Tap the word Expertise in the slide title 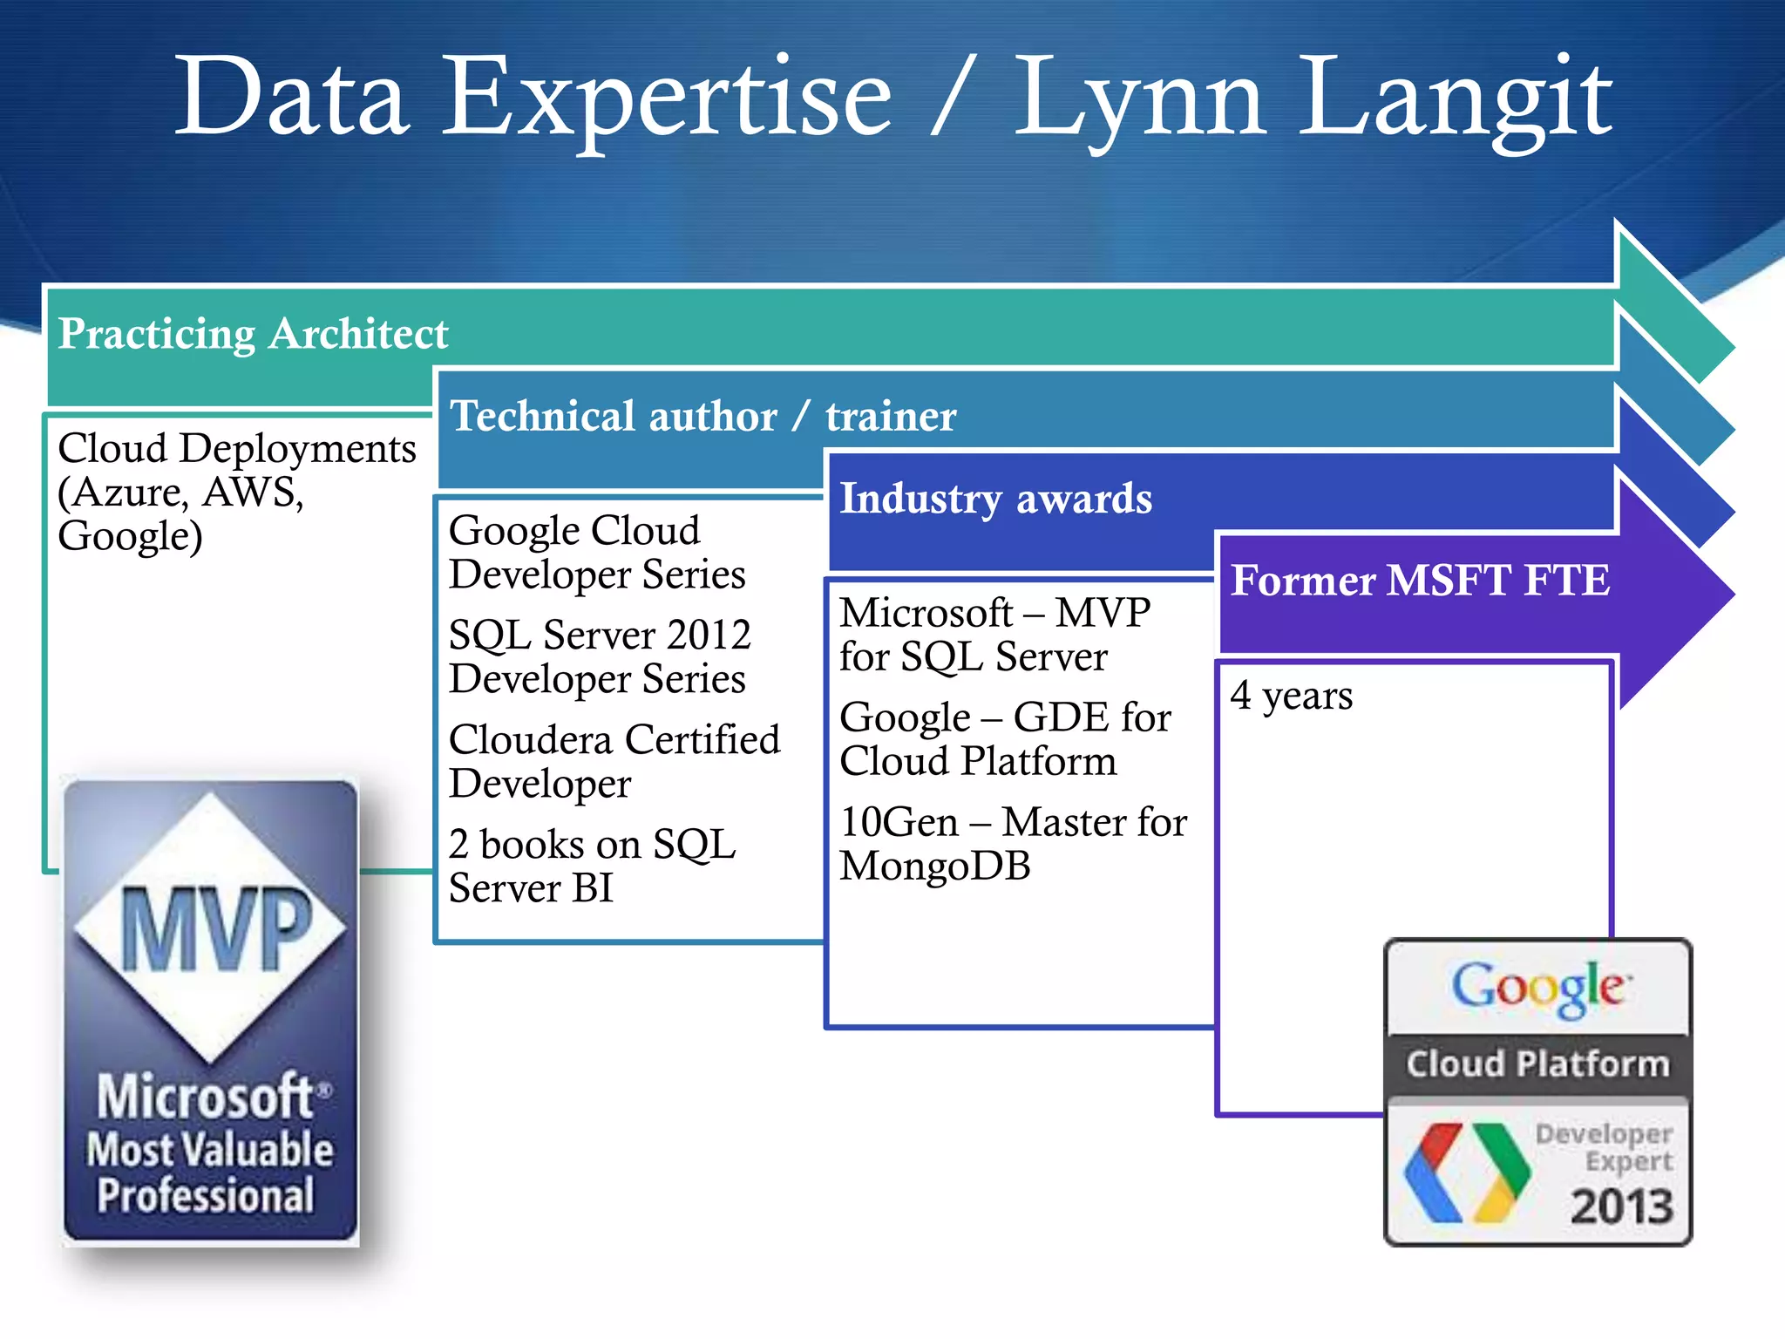(x=668, y=98)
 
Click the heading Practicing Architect (x=253, y=334)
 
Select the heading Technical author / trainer (x=702, y=416)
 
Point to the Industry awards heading (x=995, y=499)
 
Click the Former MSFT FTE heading (x=1420, y=581)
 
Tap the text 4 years (x=1292, y=697)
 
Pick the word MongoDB (x=934, y=867)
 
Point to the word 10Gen (x=899, y=823)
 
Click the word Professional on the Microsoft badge (x=206, y=1195)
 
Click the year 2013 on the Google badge (x=1621, y=1207)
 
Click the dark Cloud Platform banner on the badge (x=1538, y=1064)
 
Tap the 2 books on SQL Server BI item (x=592, y=867)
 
